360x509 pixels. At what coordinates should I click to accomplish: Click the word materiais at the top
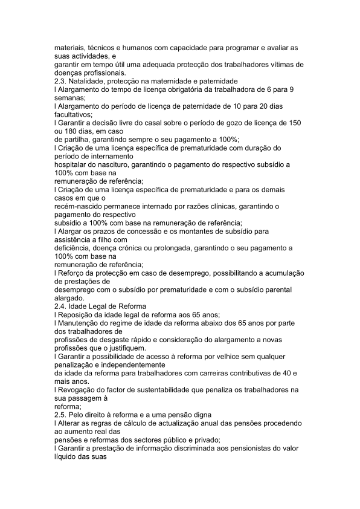tap(68, 47)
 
